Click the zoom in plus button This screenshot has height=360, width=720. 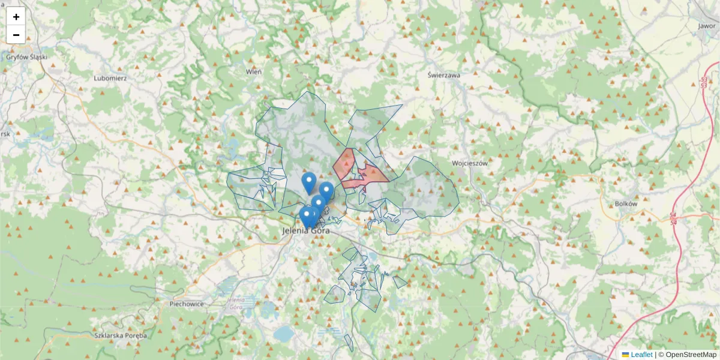click(x=16, y=17)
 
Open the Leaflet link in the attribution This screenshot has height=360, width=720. click(x=641, y=355)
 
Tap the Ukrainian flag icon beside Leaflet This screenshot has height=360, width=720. click(x=625, y=355)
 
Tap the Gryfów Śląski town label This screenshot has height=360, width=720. click(x=26, y=58)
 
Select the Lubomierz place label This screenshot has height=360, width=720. click(x=110, y=78)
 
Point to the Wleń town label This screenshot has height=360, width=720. click(x=254, y=71)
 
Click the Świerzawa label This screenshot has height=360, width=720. click(x=444, y=76)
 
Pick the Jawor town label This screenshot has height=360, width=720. click(x=707, y=26)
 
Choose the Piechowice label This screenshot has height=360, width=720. click(x=187, y=304)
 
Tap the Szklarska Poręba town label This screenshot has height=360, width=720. click(x=121, y=335)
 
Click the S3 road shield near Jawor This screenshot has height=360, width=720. click(x=703, y=82)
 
